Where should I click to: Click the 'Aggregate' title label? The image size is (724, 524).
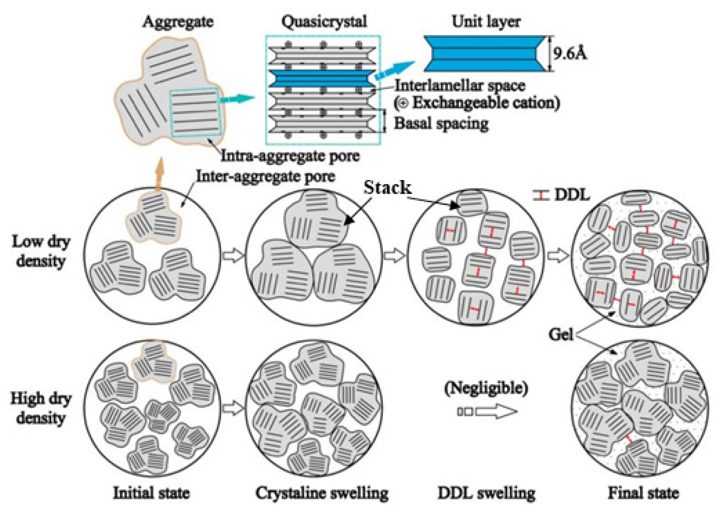[x=177, y=22]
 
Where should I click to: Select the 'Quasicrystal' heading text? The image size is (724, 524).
[x=324, y=22]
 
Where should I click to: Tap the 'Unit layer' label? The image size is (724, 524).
[x=486, y=22]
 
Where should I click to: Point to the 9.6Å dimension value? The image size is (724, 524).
[x=569, y=53]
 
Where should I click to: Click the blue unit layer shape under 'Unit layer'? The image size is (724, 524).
[x=485, y=53]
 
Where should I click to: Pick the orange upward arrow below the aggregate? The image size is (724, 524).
[x=158, y=174]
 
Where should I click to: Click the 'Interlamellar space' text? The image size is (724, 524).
[x=460, y=85]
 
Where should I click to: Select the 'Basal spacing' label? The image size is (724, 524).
[x=441, y=123]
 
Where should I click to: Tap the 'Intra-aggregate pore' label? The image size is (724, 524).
[x=290, y=156]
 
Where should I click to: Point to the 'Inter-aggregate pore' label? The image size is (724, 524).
[x=265, y=176]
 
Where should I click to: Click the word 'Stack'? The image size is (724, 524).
[x=387, y=188]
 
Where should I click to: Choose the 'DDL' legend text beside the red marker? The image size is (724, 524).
[x=571, y=195]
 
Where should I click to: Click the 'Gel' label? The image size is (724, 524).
[x=561, y=335]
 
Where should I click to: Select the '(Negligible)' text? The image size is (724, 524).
[x=486, y=388]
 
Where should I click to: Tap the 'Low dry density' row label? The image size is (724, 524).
[x=41, y=251]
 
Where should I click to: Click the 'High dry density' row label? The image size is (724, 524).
[x=41, y=408]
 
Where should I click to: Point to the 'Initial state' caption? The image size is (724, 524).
[x=151, y=493]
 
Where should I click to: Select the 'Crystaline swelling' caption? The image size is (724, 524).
[x=322, y=493]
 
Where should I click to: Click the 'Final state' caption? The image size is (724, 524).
[x=643, y=493]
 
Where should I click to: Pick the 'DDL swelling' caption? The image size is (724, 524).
[x=486, y=493]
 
